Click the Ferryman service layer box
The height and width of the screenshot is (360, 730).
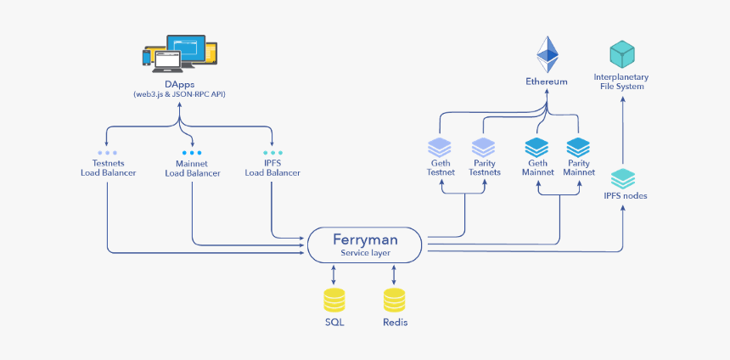click(x=364, y=245)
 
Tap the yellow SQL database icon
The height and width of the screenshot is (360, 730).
click(x=334, y=301)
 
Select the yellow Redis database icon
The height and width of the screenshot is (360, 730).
click(x=394, y=301)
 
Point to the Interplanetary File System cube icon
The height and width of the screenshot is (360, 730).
click(x=624, y=54)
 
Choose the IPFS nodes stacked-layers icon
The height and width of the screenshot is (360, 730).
click(x=624, y=178)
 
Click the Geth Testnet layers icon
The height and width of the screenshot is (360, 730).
click(x=441, y=147)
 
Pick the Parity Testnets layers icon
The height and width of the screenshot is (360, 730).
click(x=483, y=147)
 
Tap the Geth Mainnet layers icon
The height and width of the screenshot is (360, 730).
click(x=537, y=147)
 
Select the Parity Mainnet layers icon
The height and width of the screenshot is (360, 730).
click(x=578, y=147)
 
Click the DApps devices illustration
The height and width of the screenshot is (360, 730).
click(x=179, y=53)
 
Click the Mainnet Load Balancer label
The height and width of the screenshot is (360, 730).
click(x=193, y=167)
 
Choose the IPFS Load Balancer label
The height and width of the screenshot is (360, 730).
click(x=272, y=167)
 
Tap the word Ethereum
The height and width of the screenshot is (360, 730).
click(x=547, y=82)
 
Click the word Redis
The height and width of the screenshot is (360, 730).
click(x=395, y=323)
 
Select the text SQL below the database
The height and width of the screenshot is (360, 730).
click(x=334, y=323)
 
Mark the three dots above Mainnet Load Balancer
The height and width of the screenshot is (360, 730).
click(x=192, y=153)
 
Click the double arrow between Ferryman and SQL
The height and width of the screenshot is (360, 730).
click(x=334, y=274)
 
